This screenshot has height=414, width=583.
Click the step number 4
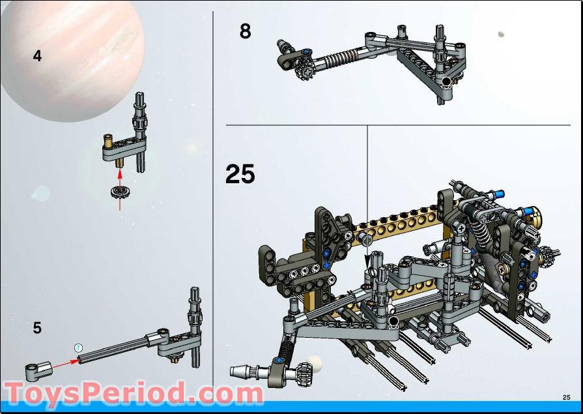coord(37,57)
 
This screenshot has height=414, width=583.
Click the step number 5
coord(37,328)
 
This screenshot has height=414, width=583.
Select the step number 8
coord(245,31)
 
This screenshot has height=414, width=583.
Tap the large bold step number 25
coord(240,174)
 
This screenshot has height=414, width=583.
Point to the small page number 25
coord(566,397)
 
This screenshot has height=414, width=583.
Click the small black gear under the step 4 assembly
coord(119,192)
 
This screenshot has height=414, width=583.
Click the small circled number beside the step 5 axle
coord(78,347)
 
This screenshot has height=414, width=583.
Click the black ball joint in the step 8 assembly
coord(446,81)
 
